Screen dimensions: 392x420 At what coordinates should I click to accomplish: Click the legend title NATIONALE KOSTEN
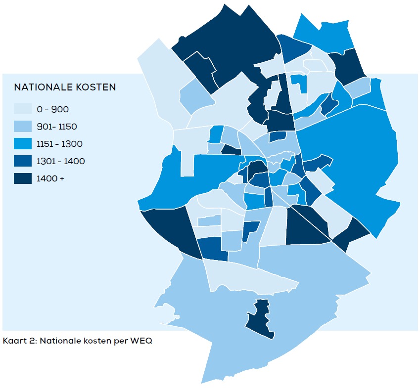(65, 87)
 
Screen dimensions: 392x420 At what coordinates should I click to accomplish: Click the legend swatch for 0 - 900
(22, 109)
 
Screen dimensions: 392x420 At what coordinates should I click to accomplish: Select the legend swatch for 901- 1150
(22, 127)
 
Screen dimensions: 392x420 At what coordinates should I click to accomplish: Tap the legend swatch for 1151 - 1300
(22, 144)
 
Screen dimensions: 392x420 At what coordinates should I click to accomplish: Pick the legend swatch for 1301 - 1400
(22, 161)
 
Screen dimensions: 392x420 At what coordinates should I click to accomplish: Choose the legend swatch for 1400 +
(22, 178)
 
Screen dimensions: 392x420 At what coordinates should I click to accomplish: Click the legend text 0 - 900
(52, 109)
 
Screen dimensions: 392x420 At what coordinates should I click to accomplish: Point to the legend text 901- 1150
(56, 127)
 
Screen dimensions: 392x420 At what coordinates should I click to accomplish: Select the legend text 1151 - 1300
(59, 144)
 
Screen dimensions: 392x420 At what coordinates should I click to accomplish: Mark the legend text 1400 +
(50, 178)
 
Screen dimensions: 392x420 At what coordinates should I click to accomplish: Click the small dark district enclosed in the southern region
(259, 319)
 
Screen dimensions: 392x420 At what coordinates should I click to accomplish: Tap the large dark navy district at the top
(233, 40)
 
